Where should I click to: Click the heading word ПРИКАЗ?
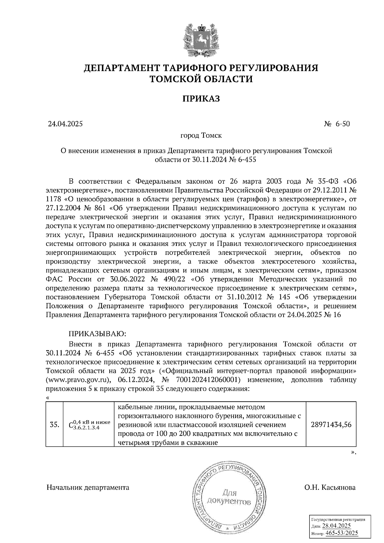pyautogui.click(x=201, y=98)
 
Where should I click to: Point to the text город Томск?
pyautogui.click(x=201, y=136)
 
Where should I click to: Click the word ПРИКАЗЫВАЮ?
pyautogui.click(x=98, y=334)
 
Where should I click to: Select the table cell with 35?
pyautogui.click(x=55, y=425)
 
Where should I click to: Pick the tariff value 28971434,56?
pyautogui.click(x=331, y=425)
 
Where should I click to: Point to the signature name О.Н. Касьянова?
pyautogui.click(x=330, y=488)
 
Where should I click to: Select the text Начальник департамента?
pyautogui.click(x=88, y=488)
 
